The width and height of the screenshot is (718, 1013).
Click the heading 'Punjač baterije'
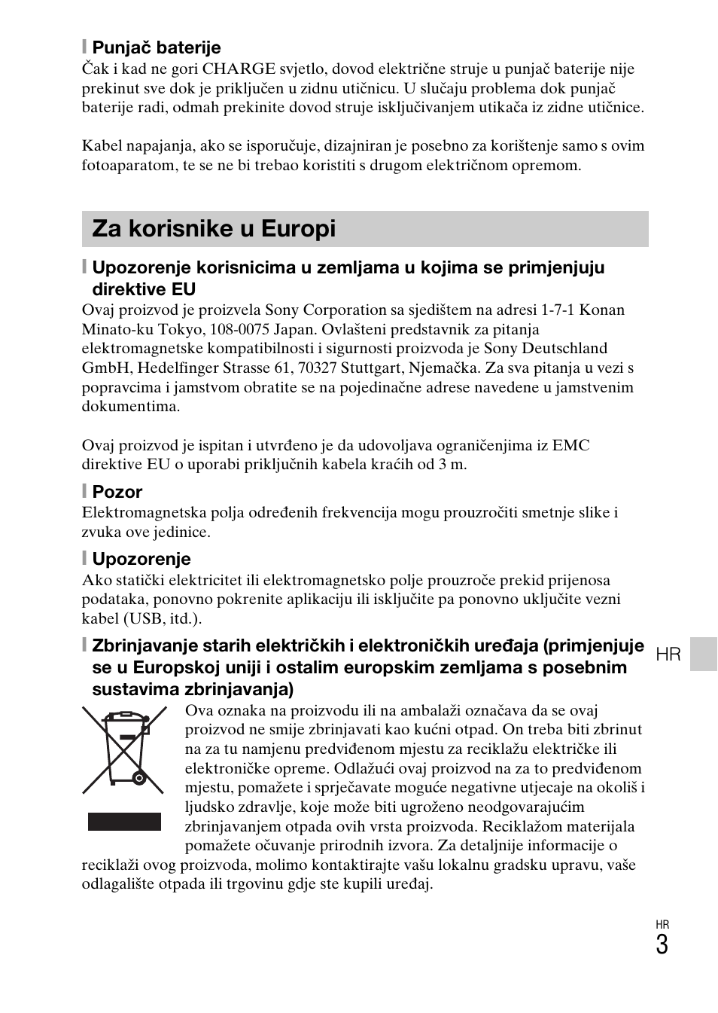[156, 47]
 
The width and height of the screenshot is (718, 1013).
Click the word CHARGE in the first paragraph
[234, 69]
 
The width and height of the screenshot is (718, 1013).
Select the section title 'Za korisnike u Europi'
[214, 229]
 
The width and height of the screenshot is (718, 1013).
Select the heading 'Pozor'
[117, 492]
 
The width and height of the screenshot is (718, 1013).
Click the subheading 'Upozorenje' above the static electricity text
[141, 559]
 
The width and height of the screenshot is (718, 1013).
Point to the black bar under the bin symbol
[124, 821]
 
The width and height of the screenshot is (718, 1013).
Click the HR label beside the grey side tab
[668, 654]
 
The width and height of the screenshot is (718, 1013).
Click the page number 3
[662, 945]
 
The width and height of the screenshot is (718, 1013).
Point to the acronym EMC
[570, 445]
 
